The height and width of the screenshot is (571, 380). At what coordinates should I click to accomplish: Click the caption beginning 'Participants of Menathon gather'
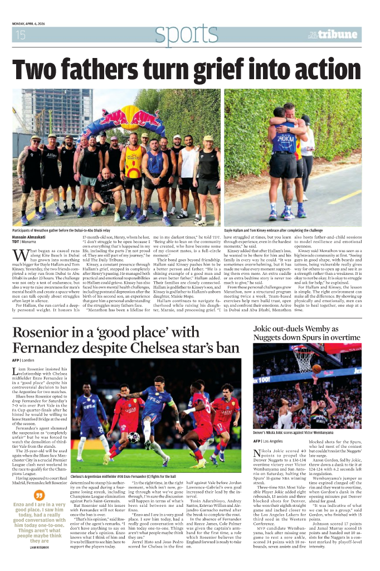click(64, 229)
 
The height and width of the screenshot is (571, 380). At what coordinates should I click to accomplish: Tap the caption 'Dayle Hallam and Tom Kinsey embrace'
click(273, 229)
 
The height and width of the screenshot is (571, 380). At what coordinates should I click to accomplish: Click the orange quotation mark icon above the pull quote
click(39, 495)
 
